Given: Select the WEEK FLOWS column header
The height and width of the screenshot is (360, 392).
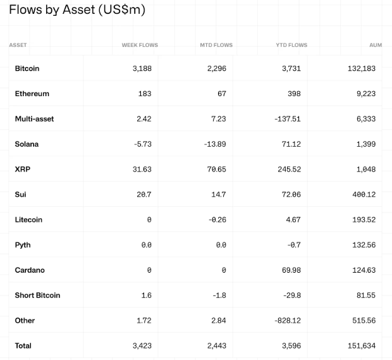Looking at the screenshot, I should click(x=140, y=45).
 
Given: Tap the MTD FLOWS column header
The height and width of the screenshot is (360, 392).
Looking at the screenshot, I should click(x=216, y=45).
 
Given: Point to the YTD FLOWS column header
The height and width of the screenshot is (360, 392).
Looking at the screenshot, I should click(x=291, y=45).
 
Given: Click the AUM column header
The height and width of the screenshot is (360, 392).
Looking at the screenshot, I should click(x=376, y=45).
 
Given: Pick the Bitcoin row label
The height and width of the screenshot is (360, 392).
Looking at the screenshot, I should click(x=27, y=68).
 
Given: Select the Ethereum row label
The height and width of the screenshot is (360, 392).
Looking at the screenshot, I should click(x=32, y=94).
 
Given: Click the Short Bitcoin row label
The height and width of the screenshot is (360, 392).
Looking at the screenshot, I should click(x=38, y=295).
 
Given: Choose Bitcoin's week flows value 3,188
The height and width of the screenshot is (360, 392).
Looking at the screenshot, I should click(x=142, y=68).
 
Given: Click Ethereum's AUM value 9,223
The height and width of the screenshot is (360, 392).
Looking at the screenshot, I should click(x=366, y=94).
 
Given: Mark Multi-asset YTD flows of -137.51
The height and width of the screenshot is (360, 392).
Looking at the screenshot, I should click(x=288, y=119).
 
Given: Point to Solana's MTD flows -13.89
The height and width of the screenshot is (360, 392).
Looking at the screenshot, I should click(x=215, y=144).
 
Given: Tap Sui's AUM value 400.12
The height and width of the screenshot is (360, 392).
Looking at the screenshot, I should click(x=364, y=195).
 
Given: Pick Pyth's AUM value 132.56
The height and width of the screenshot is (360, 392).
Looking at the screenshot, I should click(x=364, y=245).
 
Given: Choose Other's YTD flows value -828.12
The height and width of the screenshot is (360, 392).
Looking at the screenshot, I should click(x=288, y=321).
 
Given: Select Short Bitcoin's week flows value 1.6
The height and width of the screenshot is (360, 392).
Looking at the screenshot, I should click(x=146, y=295).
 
